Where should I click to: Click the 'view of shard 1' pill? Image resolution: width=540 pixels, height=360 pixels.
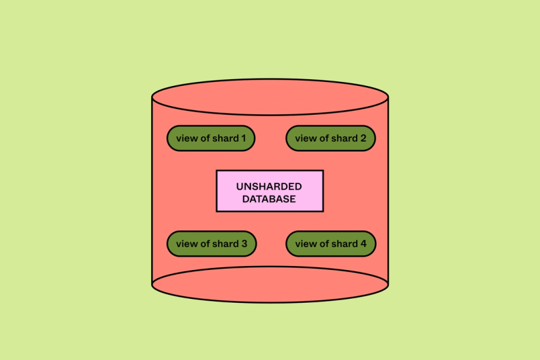coord(211,138)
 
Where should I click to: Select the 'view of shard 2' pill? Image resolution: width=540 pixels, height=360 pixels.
coord(330,138)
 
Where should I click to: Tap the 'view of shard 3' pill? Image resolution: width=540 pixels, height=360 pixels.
coord(211,244)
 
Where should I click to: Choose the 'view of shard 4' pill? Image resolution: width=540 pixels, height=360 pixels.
coord(330,244)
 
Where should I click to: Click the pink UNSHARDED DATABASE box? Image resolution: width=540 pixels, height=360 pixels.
coord(269,191)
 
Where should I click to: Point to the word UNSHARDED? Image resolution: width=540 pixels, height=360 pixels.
coord(269,186)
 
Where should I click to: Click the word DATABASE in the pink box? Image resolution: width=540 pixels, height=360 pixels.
coord(269,199)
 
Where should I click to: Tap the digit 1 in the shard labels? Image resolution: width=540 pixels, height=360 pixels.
coord(243,138)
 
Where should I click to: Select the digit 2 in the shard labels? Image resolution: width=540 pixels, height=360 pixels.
coord(363,138)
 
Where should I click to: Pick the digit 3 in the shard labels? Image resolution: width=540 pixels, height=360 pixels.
coord(244,244)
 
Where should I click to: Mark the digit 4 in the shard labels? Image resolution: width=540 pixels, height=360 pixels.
coord(363,244)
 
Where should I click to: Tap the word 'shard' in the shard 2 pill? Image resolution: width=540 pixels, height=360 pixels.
coord(343,138)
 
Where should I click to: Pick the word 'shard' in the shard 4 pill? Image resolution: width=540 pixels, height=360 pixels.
coord(343,244)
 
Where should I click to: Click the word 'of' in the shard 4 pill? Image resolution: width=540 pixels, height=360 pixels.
coord(323,244)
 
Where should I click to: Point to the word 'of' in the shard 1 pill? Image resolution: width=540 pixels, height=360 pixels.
coord(204,138)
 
